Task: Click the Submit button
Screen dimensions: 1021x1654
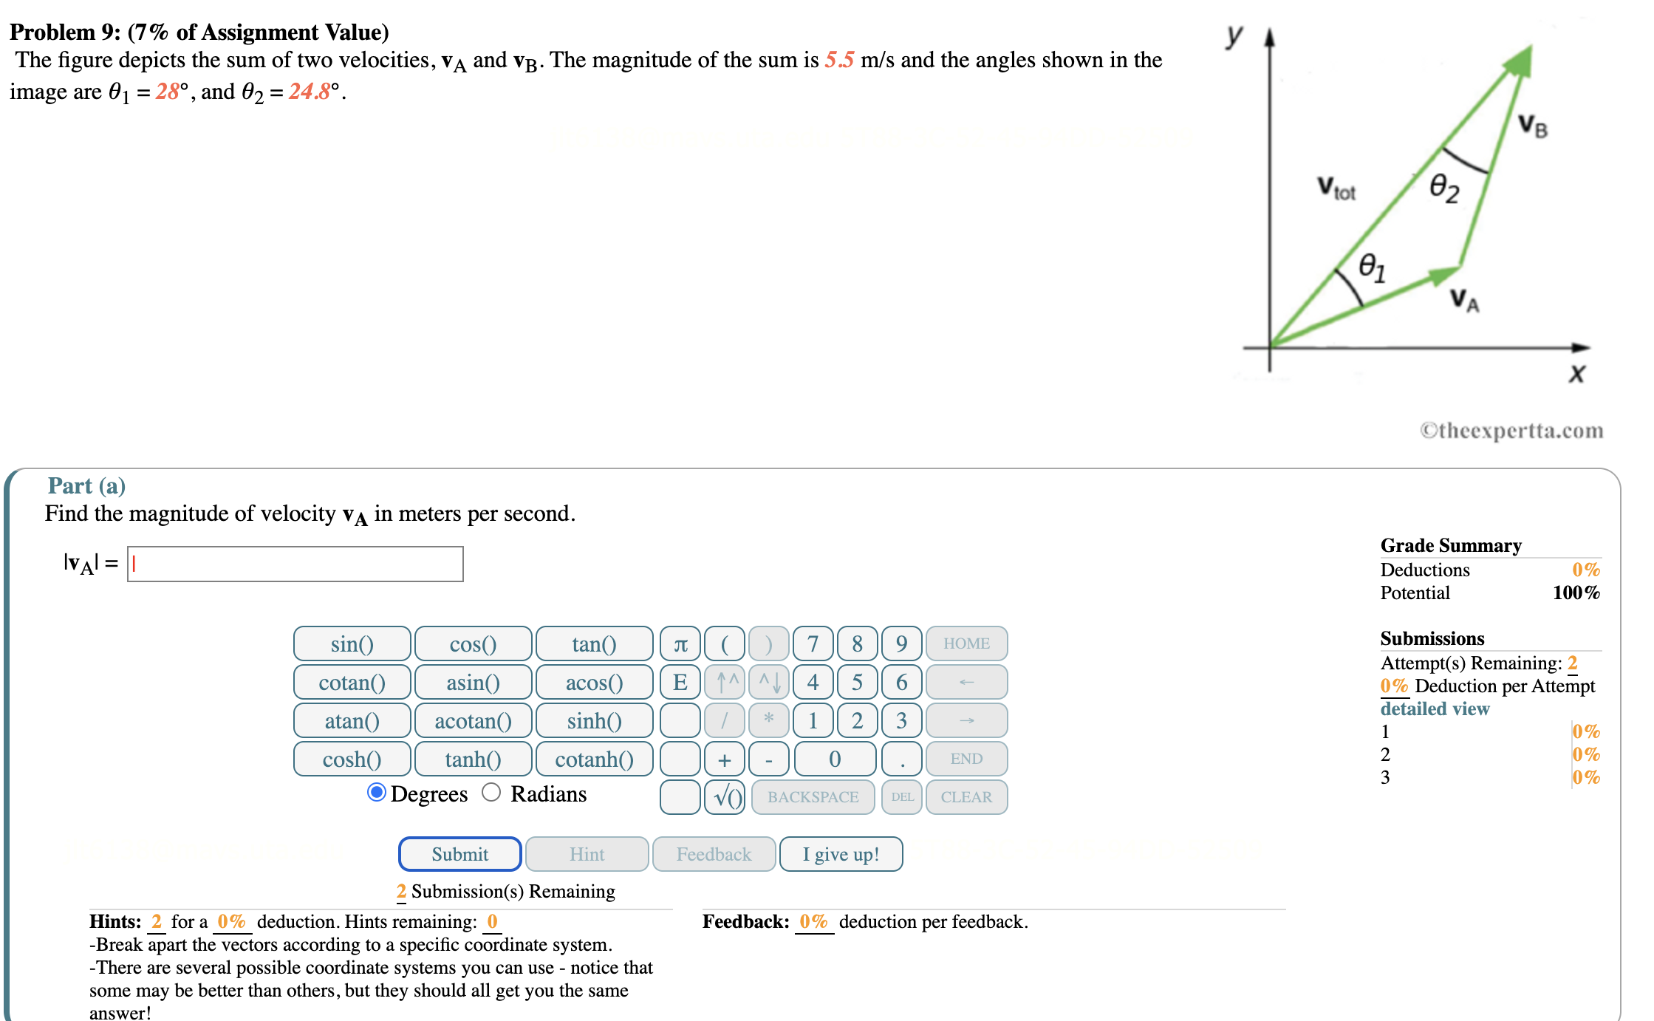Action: click(459, 854)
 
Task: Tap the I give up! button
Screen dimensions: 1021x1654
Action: click(841, 854)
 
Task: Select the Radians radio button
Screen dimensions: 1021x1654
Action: click(491, 793)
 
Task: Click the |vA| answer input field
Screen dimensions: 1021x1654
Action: click(295, 564)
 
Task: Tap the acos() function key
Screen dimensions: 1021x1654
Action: click(594, 682)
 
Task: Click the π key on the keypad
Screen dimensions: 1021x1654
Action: click(680, 643)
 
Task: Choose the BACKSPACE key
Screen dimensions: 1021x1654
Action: click(813, 797)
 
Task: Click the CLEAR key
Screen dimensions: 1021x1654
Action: click(966, 797)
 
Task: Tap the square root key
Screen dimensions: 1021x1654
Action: click(725, 797)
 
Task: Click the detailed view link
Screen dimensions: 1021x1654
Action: click(1435, 708)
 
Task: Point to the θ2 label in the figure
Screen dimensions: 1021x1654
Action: click(1443, 188)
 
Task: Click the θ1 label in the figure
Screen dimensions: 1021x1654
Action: click(1372, 267)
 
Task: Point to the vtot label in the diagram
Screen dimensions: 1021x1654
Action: click(1336, 188)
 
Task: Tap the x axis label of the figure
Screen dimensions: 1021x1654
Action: click(1576, 373)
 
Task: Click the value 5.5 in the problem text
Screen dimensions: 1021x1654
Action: click(839, 60)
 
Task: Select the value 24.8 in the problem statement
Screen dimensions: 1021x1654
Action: click(309, 92)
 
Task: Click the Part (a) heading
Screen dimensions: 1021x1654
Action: click(86, 485)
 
